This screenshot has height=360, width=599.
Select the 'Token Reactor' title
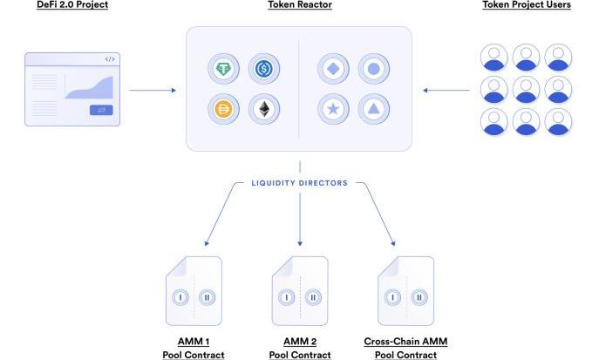coord(299,5)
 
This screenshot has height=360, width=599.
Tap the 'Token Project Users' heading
coord(526,5)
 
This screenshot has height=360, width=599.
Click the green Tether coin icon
coord(224,68)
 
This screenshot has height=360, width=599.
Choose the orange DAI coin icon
coord(224,108)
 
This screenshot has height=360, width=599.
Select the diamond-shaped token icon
coord(334,68)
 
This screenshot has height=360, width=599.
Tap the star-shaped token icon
coord(334,108)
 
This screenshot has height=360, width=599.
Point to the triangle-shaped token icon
coord(372,108)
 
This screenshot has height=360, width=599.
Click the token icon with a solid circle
coord(372,68)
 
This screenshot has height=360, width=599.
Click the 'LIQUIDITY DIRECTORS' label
coord(299,183)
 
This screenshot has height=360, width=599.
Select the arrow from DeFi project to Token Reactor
coord(152,89)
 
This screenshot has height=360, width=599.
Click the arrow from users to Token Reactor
coord(446,89)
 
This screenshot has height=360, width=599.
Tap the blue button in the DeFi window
coord(100,110)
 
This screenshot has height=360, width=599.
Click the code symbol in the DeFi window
coord(109,59)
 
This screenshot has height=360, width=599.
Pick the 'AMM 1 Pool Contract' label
coord(193,348)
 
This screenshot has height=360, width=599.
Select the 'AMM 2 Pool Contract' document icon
coord(299,290)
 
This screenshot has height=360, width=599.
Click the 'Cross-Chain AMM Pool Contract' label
coord(405,348)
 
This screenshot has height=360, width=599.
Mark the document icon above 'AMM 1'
coord(193,290)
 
